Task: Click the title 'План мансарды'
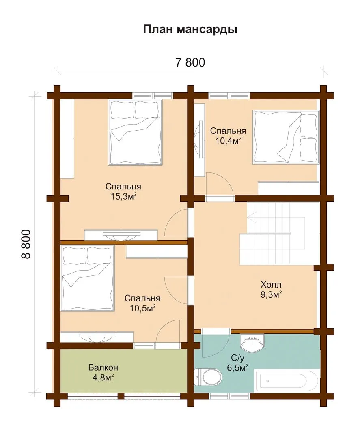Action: pyautogui.click(x=190, y=29)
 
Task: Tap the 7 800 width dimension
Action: pyautogui.click(x=190, y=62)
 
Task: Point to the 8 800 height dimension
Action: pyautogui.click(x=26, y=244)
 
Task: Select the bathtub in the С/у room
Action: pyautogui.click(x=286, y=381)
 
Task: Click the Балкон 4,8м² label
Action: pyautogui.click(x=103, y=372)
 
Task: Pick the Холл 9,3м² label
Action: pyautogui.click(x=271, y=290)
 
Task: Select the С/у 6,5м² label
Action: pyautogui.click(x=237, y=363)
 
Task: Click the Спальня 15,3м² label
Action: pyautogui.click(x=123, y=191)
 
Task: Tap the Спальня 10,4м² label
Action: pyautogui.click(x=228, y=135)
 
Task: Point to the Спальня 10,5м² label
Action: pyautogui.click(x=142, y=303)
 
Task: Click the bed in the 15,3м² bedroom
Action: pyautogui.click(x=136, y=132)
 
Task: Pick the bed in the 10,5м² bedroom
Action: pyautogui.click(x=87, y=278)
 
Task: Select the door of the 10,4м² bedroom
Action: pyautogui.click(x=220, y=185)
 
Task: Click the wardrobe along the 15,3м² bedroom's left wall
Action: pyautogui.click(x=67, y=139)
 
